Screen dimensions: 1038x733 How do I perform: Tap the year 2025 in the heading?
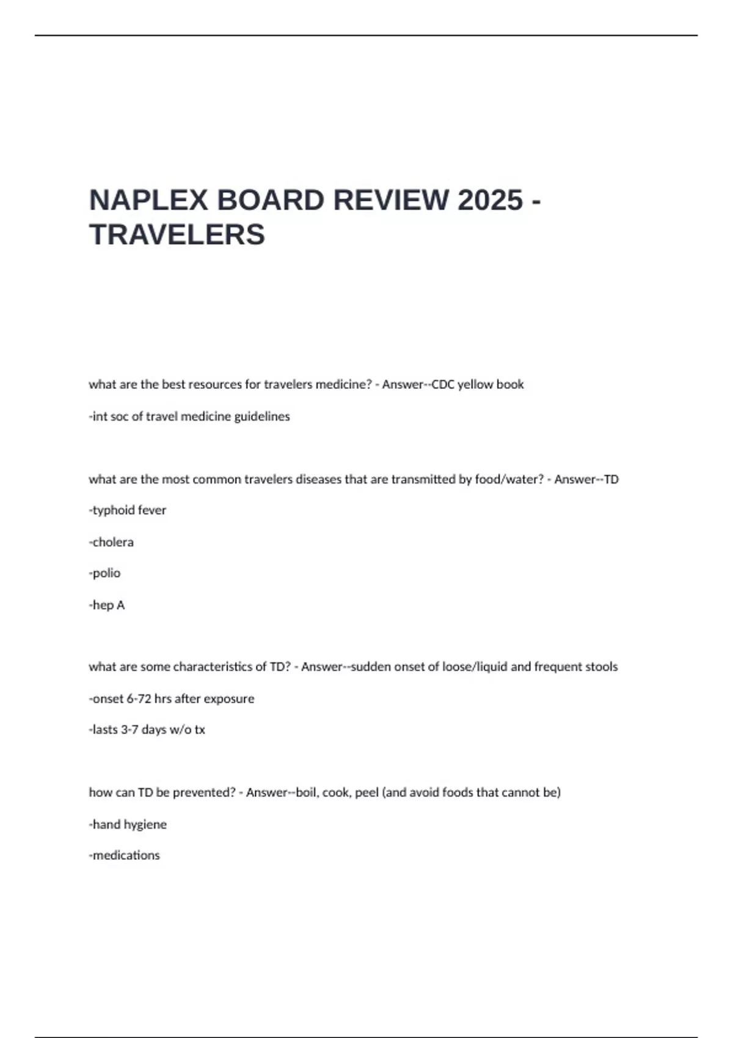point(490,200)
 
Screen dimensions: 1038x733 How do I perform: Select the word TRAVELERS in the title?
point(177,234)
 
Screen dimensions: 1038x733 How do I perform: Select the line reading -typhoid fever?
point(128,510)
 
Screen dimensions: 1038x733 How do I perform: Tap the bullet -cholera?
point(111,542)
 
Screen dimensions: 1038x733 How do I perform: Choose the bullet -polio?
point(105,573)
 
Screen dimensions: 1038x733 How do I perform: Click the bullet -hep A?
point(107,605)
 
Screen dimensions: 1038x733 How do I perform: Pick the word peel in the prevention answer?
point(366,793)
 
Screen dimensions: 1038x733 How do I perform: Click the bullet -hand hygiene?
point(128,824)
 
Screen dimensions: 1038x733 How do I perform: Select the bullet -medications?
point(125,855)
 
